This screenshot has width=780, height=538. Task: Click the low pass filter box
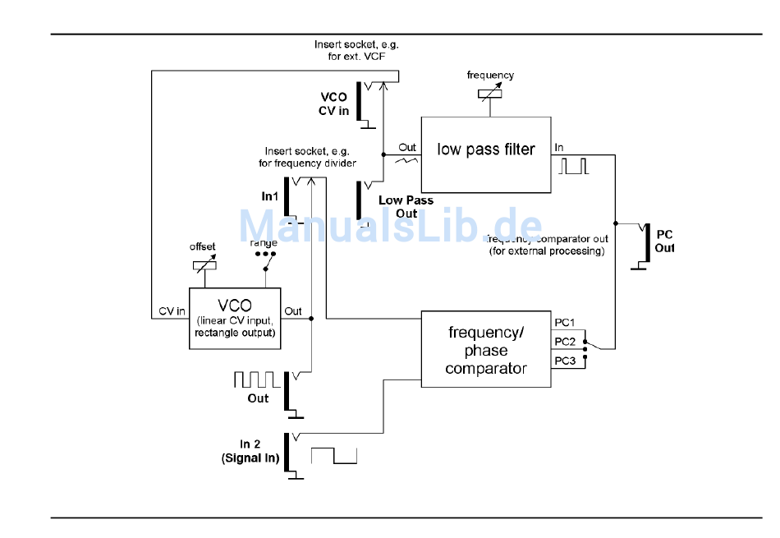click(x=485, y=154)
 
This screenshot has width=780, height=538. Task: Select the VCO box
click(x=234, y=318)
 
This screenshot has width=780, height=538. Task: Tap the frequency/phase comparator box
click(x=485, y=349)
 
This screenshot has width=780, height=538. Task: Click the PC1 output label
click(x=565, y=321)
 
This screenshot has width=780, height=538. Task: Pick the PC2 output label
click(x=565, y=341)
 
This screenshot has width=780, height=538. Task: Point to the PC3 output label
click(x=565, y=361)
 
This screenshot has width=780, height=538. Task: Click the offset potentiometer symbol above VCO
click(x=203, y=264)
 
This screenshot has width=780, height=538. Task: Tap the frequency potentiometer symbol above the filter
click(x=490, y=93)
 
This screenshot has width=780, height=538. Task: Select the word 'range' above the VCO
click(x=264, y=243)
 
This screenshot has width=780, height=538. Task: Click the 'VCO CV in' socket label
click(x=333, y=103)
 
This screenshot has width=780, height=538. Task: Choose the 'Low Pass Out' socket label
click(x=406, y=206)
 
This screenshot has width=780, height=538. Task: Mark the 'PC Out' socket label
click(x=664, y=240)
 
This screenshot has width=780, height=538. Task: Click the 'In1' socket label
click(x=270, y=196)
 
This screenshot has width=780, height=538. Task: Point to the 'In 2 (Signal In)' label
click(x=250, y=452)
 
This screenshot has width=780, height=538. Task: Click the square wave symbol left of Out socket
click(x=257, y=379)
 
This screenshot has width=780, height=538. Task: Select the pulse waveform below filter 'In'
click(x=574, y=166)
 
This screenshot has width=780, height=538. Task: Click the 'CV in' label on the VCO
click(x=172, y=311)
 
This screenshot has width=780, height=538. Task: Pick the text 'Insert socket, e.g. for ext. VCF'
click(x=356, y=50)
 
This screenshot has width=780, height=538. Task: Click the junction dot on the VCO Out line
click(x=312, y=319)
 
